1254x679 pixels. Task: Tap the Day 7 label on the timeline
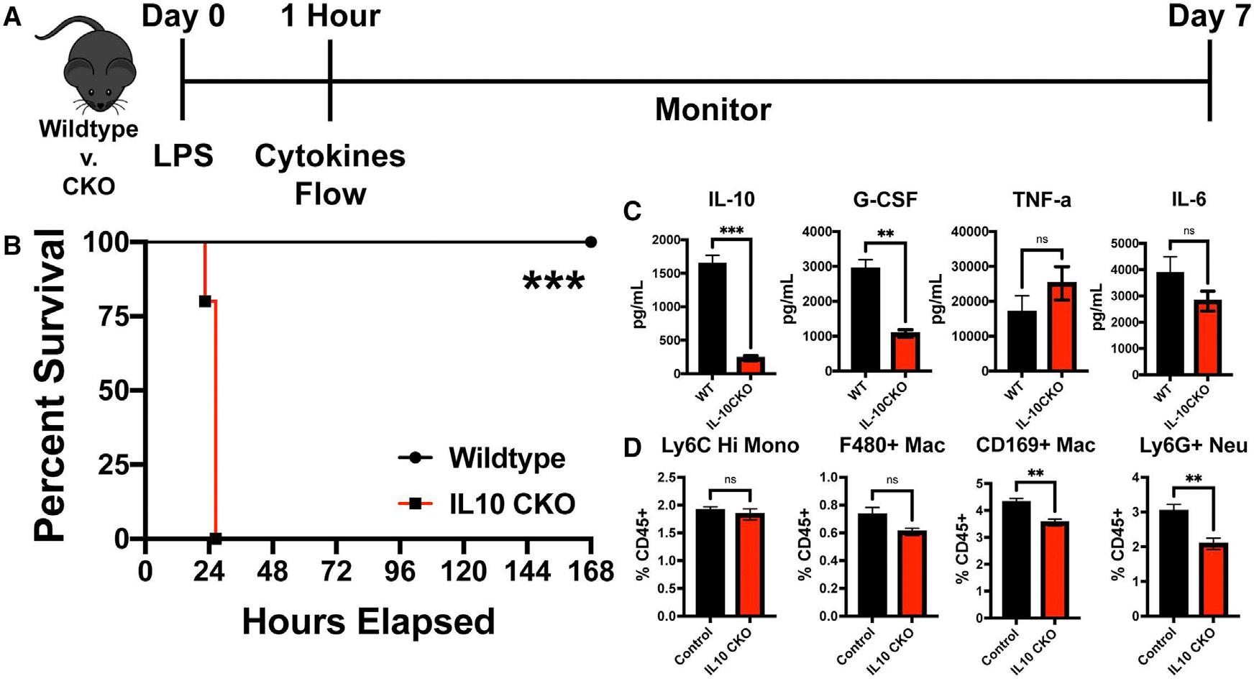pos(1209,17)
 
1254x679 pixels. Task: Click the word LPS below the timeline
pos(183,155)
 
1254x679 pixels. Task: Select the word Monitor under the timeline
pos(713,110)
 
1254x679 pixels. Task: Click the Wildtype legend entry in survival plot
pos(506,458)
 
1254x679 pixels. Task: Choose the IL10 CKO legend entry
pos(511,503)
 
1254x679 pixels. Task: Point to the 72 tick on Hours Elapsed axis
pos(335,572)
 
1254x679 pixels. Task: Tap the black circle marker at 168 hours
pos(591,242)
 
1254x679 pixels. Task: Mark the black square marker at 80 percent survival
pos(205,301)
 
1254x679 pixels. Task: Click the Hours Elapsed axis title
pos(368,621)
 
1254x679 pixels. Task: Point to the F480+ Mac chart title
pos(892,446)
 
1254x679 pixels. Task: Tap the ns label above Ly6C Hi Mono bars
pos(730,480)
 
